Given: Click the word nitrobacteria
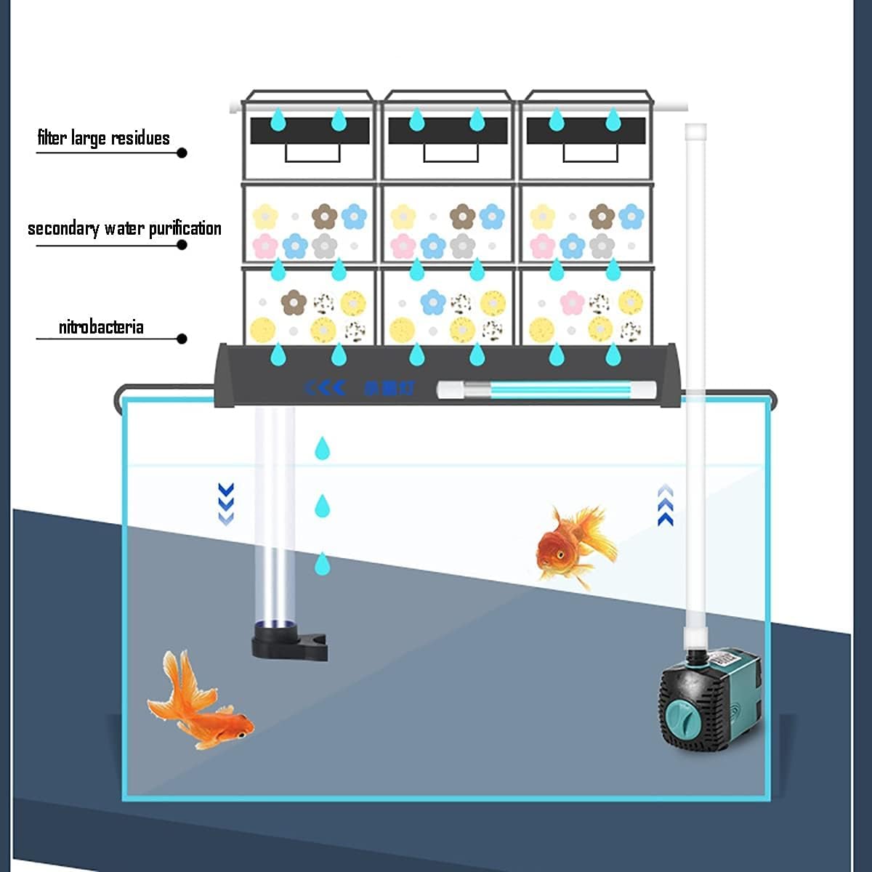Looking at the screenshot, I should pos(101,327).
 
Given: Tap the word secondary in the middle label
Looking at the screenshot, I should pos(63,229).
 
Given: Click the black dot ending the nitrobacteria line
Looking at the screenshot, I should pos(182,339).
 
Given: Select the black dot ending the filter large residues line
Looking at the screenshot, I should pos(182,153).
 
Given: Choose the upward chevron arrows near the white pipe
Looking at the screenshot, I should pos(665,506).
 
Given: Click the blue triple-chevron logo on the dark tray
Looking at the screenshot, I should pos(324,387).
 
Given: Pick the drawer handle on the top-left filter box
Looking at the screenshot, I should pos(312,153).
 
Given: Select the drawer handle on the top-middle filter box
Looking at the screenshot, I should pos(451,153).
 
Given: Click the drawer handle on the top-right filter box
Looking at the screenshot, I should pos(590,153).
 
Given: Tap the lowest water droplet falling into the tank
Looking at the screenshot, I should pos(322,563).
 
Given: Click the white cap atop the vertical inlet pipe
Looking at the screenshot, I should pos(695,132).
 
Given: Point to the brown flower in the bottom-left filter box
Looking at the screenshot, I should pos(293,302).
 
